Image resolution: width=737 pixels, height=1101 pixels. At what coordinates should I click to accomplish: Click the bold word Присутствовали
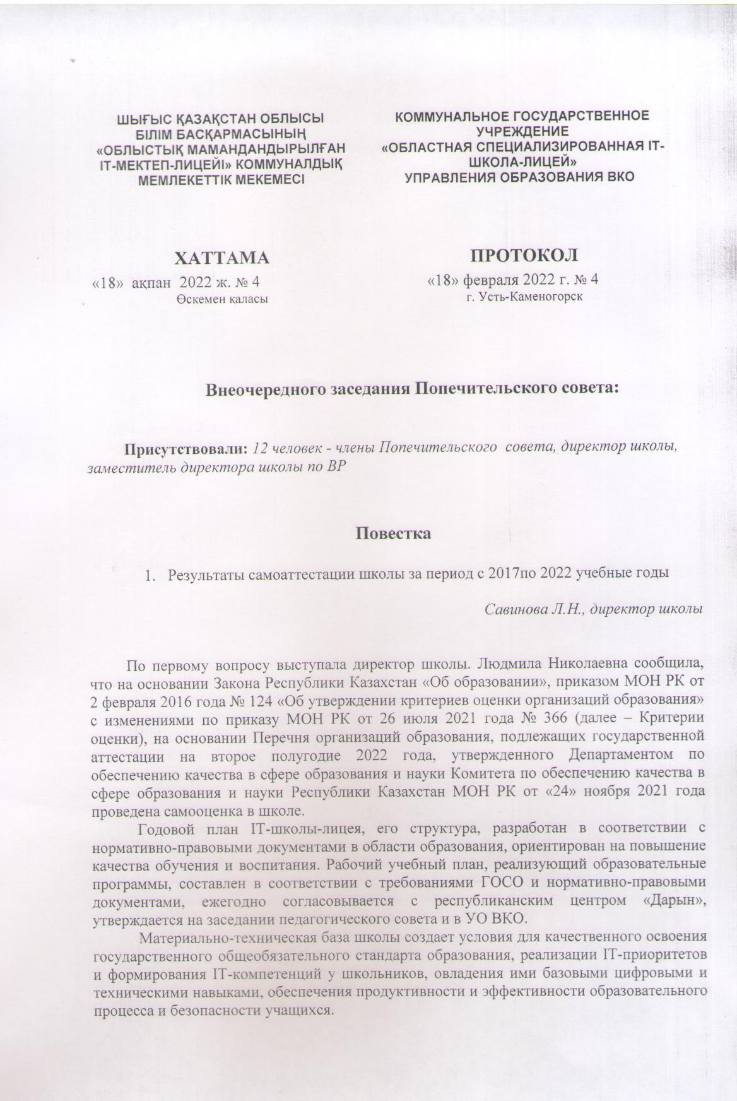pyautogui.click(x=186, y=449)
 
